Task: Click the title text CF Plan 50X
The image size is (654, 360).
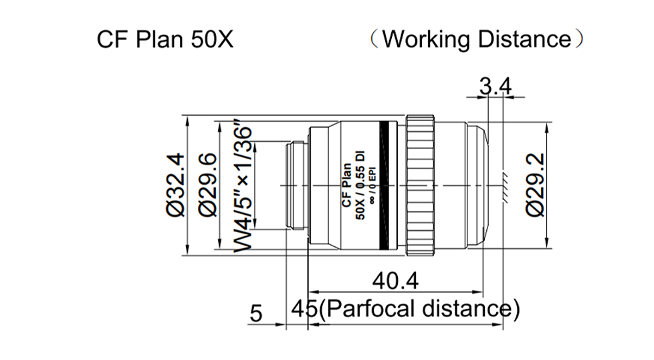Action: (x=165, y=39)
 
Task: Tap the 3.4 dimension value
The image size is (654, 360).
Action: (x=496, y=86)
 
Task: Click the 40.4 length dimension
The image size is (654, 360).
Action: (x=395, y=282)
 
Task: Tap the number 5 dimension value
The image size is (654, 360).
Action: (x=256, y=312)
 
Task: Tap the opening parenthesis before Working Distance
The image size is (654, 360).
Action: (x=376, y=39)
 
